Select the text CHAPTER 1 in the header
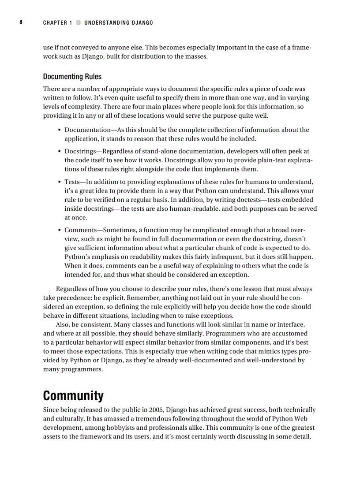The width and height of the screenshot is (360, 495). point(57,22)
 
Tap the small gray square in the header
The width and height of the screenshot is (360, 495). point(79,22)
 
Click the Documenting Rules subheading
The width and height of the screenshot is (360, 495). point(72,77)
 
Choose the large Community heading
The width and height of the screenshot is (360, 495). point(73,395)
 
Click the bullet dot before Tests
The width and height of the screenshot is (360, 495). point(60,182)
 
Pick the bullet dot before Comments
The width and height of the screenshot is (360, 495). point(60,230)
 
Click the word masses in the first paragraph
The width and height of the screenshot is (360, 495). point(196,56)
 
